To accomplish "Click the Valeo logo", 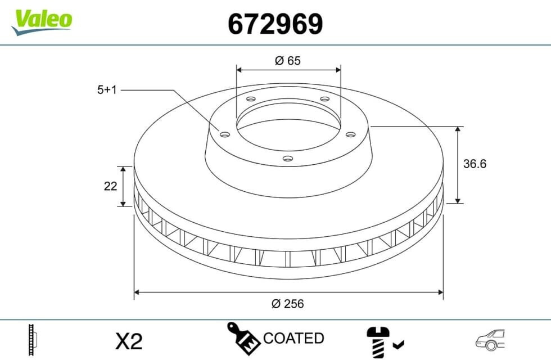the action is click(x=42, y=22).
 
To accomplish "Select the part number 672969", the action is click(x=275, y=24).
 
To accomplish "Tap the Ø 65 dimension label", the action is click(x=288, y=61).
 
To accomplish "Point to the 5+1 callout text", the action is click(x=107, y=90).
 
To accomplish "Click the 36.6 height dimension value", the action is click(x=475, y=164).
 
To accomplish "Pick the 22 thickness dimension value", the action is click(x=110, y=186).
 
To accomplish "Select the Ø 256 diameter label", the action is click(x=287, y=303).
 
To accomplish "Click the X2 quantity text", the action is click(x=129, y=341).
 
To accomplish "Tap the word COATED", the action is click(x=293, y=338).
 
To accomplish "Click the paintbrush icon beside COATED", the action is click(x=243, y=338).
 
